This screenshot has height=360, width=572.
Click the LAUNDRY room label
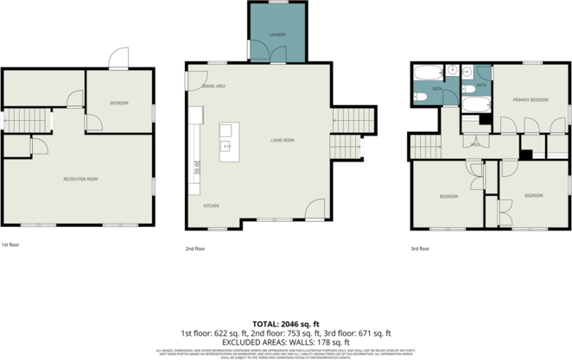276,35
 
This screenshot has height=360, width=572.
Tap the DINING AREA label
214,86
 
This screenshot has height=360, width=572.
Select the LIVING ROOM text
283,140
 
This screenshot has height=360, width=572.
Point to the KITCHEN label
211,205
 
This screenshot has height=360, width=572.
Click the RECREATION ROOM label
80,179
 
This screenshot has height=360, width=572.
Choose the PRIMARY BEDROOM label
531,100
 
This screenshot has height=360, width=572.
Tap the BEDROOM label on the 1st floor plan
118,104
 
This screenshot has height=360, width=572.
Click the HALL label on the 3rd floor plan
474,144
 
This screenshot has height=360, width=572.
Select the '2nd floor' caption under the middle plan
195,249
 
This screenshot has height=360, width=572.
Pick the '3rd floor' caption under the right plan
420,249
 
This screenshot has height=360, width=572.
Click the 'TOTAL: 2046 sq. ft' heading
285,321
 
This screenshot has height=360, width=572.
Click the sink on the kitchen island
226,130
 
